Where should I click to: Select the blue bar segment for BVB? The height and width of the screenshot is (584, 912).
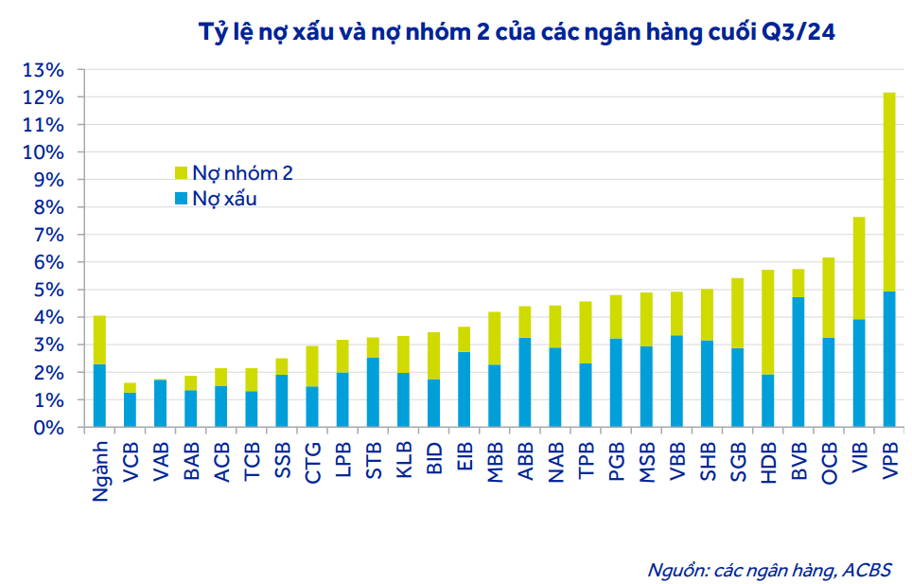(798, 363)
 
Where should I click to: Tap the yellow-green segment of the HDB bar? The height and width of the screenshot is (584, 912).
(768, 322)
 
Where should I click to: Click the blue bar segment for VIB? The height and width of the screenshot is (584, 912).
(859, 373)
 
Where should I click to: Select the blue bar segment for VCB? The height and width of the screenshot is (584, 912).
(130, 410)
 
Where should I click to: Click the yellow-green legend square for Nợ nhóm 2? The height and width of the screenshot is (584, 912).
(182, 173)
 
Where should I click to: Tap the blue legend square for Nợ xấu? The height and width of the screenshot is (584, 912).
(182, 199)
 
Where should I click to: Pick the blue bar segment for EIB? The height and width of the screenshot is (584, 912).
(465, 389)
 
